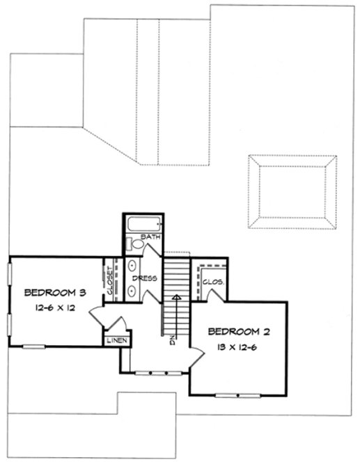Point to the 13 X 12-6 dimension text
(x=237, y=346)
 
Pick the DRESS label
(x=150, y=278)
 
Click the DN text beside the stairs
(x=170, y=340)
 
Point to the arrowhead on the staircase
(x=178, y=297)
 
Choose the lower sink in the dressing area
(x=132, y=289)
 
